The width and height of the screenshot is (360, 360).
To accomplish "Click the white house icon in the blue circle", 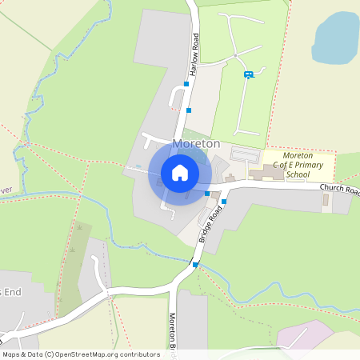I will click(x=180, y=172).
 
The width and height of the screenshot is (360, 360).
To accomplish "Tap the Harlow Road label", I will click(x=194, y=55).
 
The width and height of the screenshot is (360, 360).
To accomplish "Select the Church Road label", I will click(x=339, y=188).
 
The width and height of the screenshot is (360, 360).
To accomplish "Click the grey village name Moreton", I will click(x=196, y=143).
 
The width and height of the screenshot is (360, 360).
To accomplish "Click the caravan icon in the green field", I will click(x=248, y=74).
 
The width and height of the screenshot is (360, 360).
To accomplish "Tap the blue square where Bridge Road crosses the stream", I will click(x=195, y=263).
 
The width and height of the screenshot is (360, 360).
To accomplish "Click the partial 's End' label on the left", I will click(x=10, y=293).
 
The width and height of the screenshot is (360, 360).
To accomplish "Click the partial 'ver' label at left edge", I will click(x=6, y=189).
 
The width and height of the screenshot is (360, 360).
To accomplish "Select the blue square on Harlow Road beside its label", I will click(x=186, y=83).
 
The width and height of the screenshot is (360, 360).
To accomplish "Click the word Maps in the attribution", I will click(x=12, y=354).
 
